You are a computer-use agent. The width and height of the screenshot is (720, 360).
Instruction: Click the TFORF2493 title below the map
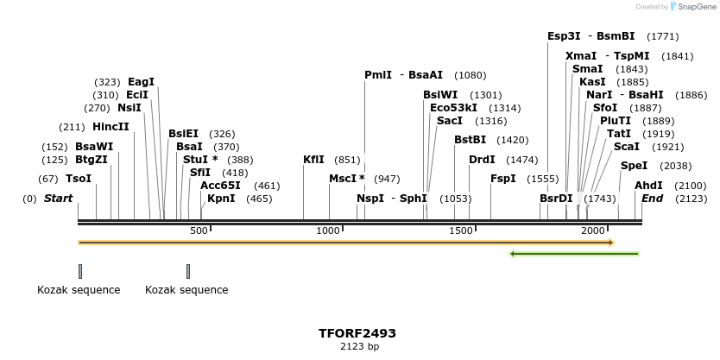357,332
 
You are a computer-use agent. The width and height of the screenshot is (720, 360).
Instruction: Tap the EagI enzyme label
141,82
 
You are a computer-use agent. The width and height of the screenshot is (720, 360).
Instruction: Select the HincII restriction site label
111,126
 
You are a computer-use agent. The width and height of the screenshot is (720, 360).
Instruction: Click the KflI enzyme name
313,160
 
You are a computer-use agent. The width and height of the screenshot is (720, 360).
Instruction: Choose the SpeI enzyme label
634,166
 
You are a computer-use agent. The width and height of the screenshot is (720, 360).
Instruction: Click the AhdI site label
648,186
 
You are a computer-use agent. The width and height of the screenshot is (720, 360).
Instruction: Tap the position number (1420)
514,140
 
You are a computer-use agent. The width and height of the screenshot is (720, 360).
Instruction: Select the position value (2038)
675,166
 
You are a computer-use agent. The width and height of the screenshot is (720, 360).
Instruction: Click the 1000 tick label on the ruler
328,231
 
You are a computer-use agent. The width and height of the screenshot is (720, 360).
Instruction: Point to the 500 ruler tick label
199,231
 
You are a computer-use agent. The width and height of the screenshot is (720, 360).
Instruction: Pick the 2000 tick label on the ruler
592,231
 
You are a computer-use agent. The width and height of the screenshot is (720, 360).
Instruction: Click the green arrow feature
574,254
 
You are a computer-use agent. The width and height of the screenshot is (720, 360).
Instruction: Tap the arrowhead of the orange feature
610,243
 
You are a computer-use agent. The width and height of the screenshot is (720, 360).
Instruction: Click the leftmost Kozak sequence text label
79,290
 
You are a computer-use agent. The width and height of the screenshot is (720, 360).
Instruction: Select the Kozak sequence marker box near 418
188,271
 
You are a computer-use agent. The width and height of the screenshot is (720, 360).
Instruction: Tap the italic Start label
58,199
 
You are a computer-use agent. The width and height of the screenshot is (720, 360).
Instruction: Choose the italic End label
652,199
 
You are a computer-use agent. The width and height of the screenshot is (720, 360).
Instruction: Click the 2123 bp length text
357,346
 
